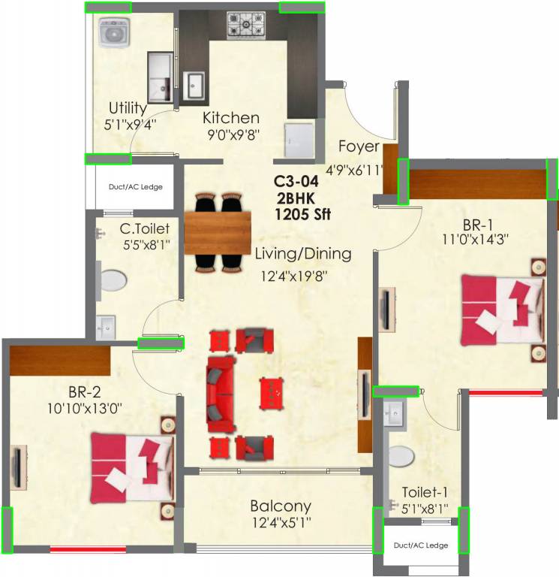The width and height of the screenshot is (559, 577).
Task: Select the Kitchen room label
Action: [x=231, y=118]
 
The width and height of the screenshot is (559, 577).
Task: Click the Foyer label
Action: [x=358, y=146]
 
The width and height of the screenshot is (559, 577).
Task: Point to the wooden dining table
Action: [x=218, y=232]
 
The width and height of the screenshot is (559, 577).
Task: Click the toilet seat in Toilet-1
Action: [x=401, y=458]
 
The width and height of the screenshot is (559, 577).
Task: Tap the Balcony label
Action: [x=281, y=506]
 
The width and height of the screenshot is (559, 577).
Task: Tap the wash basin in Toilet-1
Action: [x=395, y=412]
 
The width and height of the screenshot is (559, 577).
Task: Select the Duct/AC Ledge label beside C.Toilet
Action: [x=136, y=187]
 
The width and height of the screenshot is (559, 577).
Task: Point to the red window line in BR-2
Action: [x=77, y=550]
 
